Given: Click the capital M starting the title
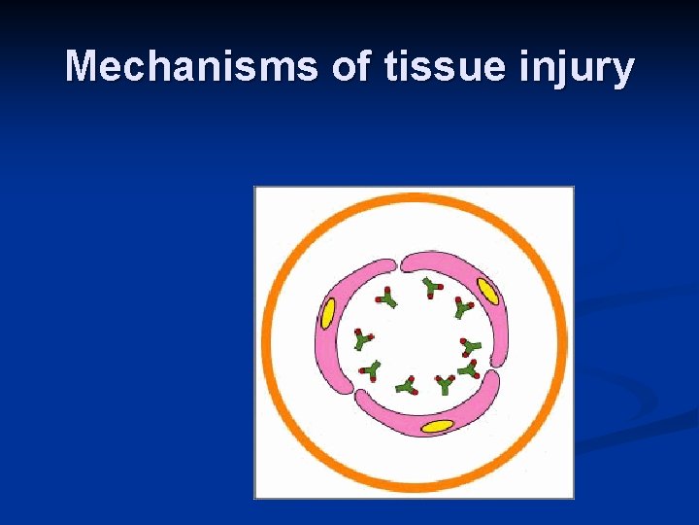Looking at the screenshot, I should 82,67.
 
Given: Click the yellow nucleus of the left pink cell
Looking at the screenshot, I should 328,313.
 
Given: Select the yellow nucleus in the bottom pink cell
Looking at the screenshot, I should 438,426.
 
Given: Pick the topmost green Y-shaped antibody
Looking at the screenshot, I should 431,287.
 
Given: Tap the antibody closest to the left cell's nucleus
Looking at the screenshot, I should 363,339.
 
